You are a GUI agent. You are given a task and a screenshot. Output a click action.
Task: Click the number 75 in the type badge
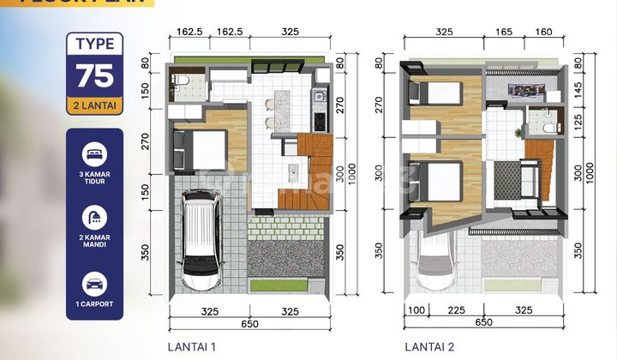pos(93,75)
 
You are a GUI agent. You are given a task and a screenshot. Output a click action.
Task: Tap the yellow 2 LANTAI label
pos(93,106)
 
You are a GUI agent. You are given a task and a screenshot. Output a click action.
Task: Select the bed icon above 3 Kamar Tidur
pos(93,156)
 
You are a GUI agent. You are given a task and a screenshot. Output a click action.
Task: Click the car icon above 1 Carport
pos(93,284)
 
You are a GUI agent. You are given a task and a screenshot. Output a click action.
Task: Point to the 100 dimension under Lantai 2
pos(416,309)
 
